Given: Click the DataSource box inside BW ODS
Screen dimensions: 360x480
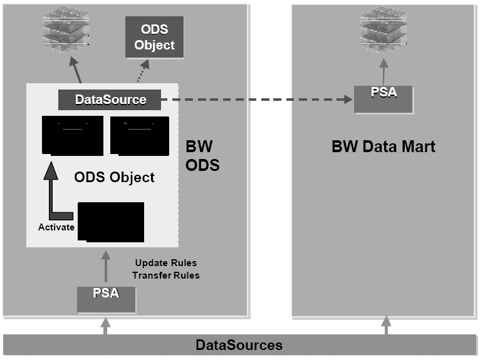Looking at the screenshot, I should coord(110,99).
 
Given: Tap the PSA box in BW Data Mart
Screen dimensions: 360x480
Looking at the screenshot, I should coord(383,100).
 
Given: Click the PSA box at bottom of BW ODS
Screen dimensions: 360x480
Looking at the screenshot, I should coord(107,299).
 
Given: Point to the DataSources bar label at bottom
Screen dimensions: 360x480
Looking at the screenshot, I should coord(239,345).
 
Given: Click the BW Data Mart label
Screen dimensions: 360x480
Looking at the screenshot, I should coord(383,147).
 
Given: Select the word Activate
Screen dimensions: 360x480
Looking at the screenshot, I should coord(56,227).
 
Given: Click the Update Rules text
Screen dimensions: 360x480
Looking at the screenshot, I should coord(167,262).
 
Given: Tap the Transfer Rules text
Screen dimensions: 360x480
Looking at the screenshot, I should coord(167,275).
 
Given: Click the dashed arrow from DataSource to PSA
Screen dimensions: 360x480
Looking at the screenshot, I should coord(257,99).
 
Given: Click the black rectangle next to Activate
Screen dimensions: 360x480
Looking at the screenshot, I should coord(110,221).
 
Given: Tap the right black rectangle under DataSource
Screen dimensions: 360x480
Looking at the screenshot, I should coord(139,135).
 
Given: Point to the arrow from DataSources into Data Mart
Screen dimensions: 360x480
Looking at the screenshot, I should coord(386,326).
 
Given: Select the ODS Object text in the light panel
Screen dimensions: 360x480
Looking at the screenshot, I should coord(114,177).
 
